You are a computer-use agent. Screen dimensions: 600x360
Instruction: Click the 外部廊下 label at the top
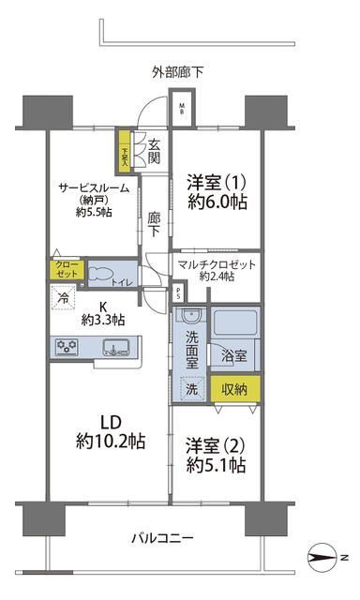click(180, 71)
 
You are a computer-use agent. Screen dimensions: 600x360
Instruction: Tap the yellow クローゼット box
click(67, 269)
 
